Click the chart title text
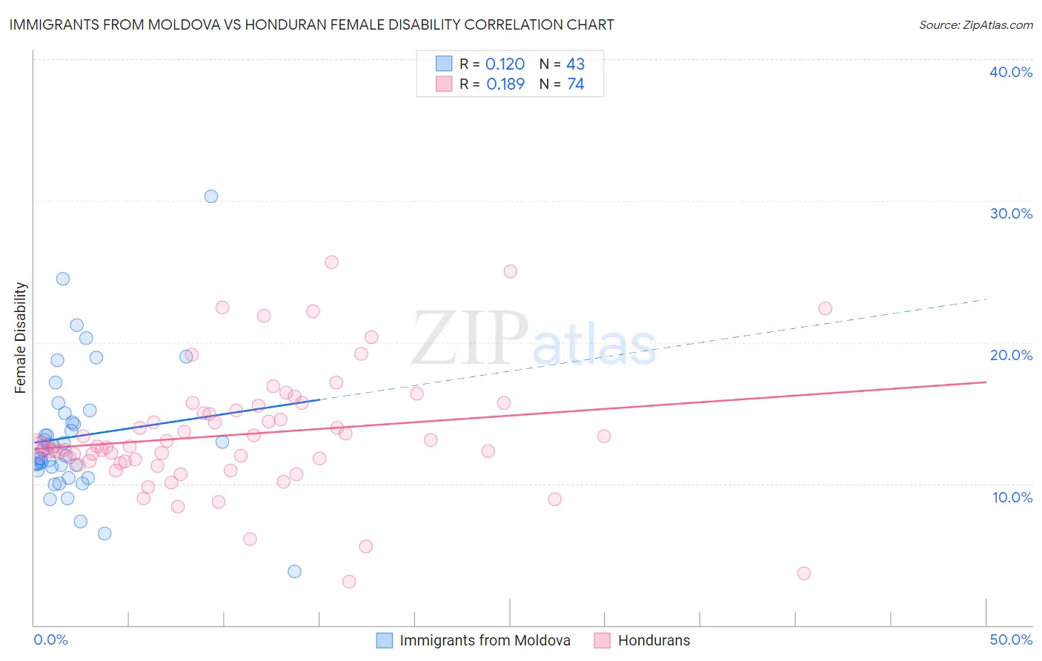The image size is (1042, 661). [311, 24]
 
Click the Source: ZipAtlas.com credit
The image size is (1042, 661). [975, 24]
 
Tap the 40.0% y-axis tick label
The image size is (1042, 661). [1011, 72]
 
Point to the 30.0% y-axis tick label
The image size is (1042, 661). [1011, 213]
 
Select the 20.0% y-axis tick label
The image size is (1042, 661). [1011, 355]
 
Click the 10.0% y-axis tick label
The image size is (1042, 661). [1012, 497]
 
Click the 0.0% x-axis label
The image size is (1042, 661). [50, 640]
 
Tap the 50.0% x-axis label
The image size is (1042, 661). [1011, 640]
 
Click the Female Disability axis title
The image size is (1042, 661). [21, 337]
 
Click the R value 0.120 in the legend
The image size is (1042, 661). [505, 64]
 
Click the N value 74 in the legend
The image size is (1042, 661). [576, 84]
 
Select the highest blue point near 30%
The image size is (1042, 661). [211, 196]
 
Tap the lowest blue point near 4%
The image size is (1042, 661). [294, 571]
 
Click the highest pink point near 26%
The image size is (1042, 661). [331, 262]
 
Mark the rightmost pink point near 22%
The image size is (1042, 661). [825, 308]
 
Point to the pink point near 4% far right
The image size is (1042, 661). [804, 574]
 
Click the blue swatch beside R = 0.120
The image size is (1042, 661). [444, 64]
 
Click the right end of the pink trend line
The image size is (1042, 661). [986, 382]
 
